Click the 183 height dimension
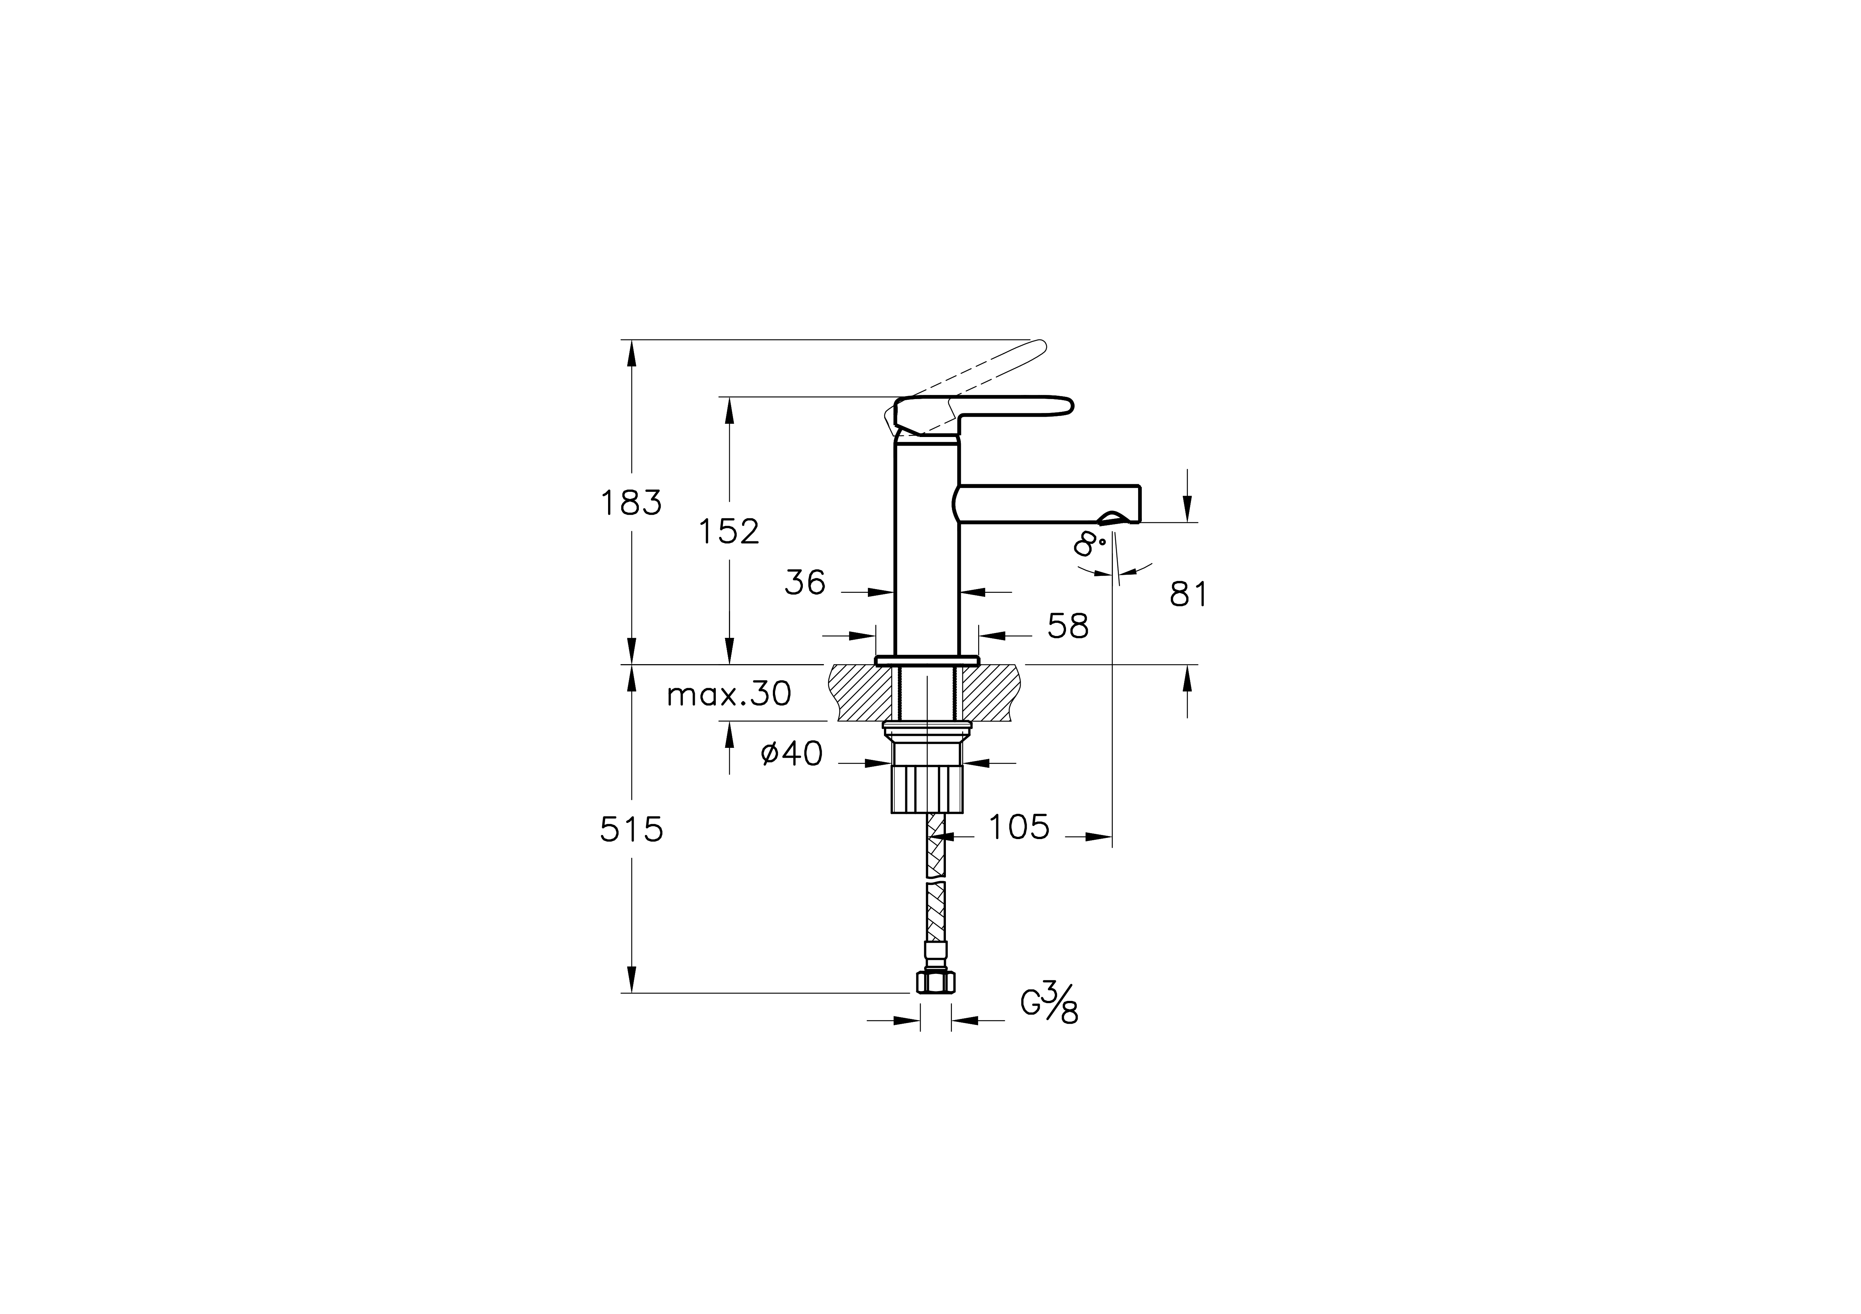pos(631,503)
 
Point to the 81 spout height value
pos(1188,595)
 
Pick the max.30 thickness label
pos(728,695)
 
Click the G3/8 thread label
pos(1049,1005)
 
